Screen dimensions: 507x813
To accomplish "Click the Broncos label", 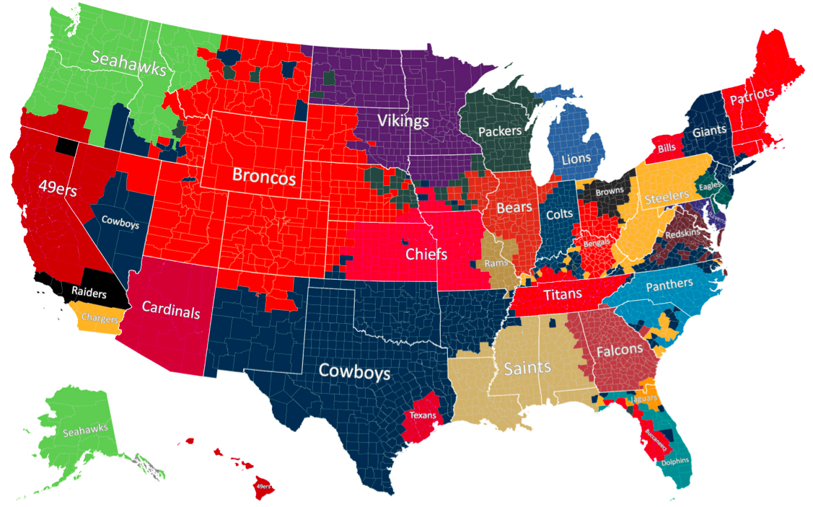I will click(x=264, y=177).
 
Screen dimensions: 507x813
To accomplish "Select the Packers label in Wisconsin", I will click(x=499, y=132).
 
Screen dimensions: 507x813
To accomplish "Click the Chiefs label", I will click(x=426, y=255).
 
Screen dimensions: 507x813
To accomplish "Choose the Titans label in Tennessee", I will click(x=563, y=294).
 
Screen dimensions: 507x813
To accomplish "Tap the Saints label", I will click(x=527, y=367).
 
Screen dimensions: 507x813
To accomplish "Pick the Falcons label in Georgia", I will click(x=619, y=350).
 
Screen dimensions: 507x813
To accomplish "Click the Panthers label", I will click(x=669, y=286).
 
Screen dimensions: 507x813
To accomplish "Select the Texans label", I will click(x=422, y=415).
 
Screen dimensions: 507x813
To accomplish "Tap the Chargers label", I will click(x=100, y=317).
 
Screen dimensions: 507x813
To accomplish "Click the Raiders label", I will click(x=89, y=294).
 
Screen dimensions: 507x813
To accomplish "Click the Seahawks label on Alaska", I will click(x=84, y=431).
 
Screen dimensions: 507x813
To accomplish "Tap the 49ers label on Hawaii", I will click(x=265, y=487).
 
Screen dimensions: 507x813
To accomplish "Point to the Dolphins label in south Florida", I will click(x=674, y=462).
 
